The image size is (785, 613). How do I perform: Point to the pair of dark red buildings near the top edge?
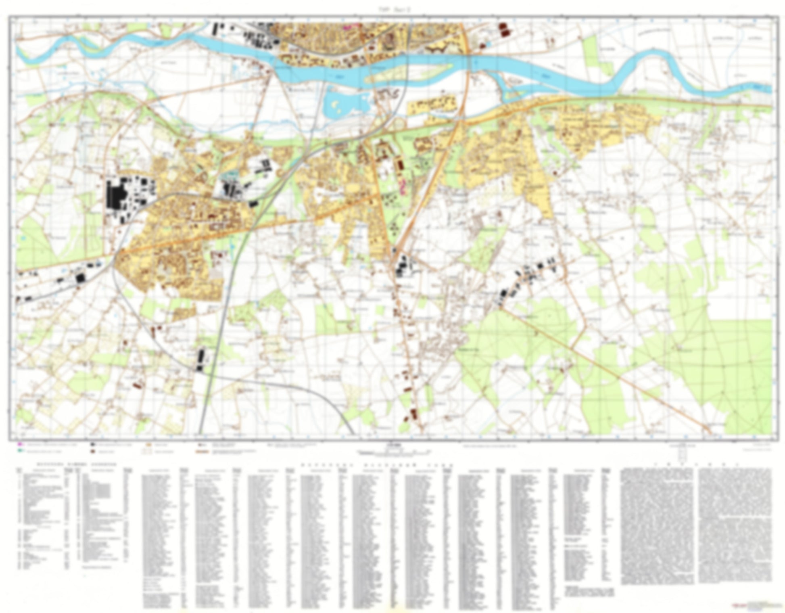(503, 29)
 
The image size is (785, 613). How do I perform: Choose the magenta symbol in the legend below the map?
(19, 445)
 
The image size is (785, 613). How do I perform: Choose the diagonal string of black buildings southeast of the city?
(524, 278)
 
